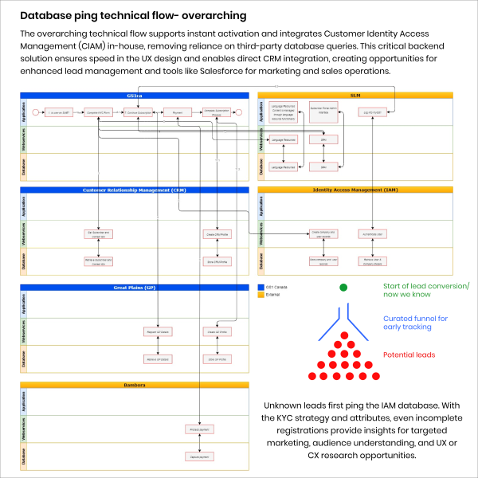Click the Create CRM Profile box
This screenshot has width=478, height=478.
tap(217, 234)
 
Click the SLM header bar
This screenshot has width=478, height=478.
tap(355, 95)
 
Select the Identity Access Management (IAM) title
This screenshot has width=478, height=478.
tap(355, 190)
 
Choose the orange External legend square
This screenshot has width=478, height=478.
tap(261, 295)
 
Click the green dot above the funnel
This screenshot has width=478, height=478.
tap(343, 287)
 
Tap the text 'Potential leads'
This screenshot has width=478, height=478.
tap(409, 355)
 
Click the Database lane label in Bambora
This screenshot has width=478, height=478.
tap(24, 455)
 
